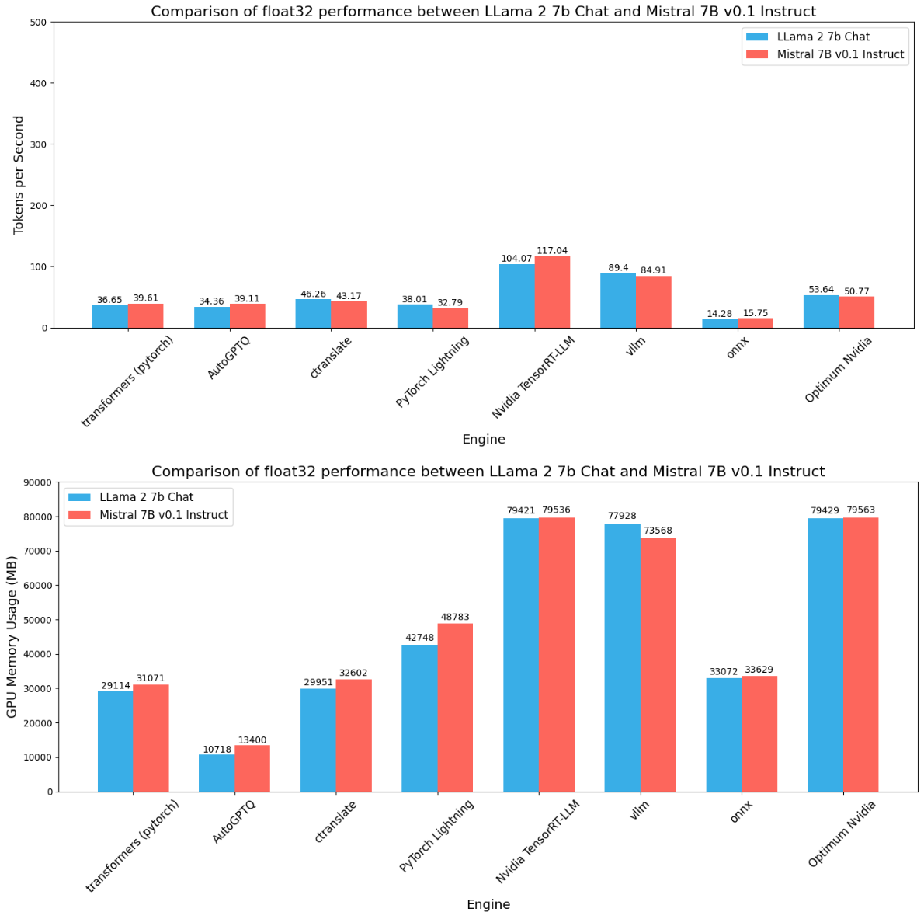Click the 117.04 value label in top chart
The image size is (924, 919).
tap(551, 251)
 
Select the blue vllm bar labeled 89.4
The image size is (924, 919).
tap(618, 301)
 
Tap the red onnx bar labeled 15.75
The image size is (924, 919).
tap(755, 322)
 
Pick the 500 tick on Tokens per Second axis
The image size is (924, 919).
tap(37, 23)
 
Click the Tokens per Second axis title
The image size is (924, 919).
tap(19, 175)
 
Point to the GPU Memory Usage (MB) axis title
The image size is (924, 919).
tap(12, 636)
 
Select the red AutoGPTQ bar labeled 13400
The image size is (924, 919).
tap(252, 768)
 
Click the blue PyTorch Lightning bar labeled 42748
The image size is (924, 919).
tap(419, 718)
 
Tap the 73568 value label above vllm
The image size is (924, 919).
tap(658, 531)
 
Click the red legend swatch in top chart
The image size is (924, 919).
tap(757, 54)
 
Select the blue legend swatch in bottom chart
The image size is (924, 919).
tap(79, 497)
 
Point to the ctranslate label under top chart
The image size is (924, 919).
tap(331, 358)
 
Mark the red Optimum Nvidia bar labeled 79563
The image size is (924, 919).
tap(860, 654)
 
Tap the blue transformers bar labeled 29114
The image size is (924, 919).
tap(115, 741)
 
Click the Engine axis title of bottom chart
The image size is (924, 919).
tap(488, 904)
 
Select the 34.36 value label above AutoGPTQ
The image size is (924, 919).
tap(211, 301)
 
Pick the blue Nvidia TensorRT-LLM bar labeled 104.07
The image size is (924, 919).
tap(516, 296)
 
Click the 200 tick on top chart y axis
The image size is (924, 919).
tap(37, 206)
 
